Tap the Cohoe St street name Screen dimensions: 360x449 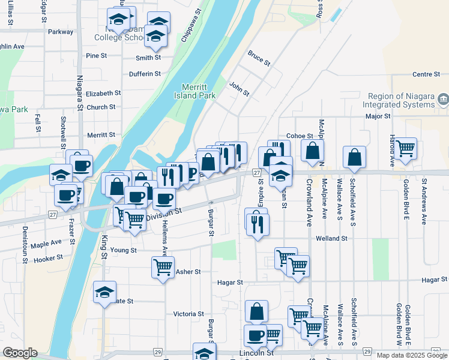coord(300,136)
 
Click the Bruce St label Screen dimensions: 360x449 coord(259,58)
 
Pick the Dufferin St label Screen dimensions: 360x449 coord(145,74)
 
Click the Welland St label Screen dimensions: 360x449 coord(332,238)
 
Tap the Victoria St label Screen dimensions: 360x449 coord(188,314)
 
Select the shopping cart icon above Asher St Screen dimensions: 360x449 coord(163,266)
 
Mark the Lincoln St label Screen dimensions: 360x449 coord(256,353)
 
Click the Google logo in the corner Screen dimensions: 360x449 coord(20,353)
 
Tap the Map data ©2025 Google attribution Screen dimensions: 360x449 coord(411,355)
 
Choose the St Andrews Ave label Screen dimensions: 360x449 coord(424,201)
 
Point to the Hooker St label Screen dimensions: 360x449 coord(48,258)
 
